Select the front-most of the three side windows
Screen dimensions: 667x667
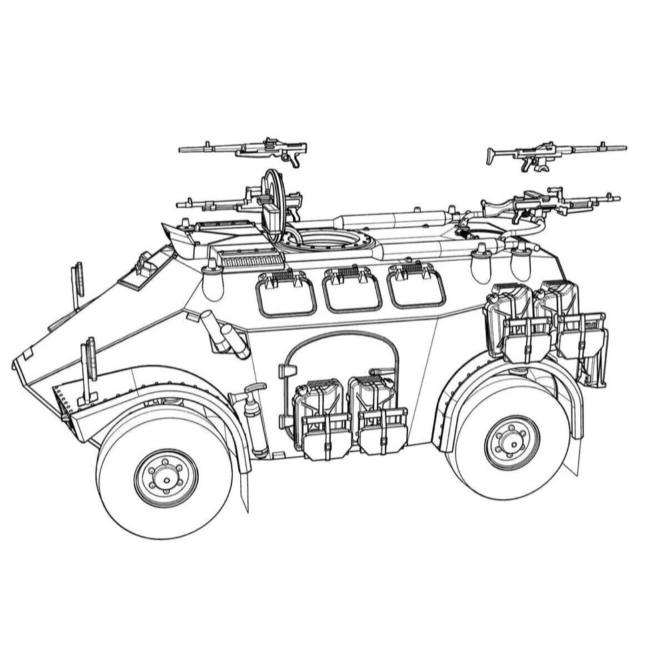coord(286,294)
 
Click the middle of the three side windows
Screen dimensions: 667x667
coord(352,291)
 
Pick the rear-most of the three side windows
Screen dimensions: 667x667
coord(416,287)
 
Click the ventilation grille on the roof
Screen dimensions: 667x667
coord(249,259)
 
